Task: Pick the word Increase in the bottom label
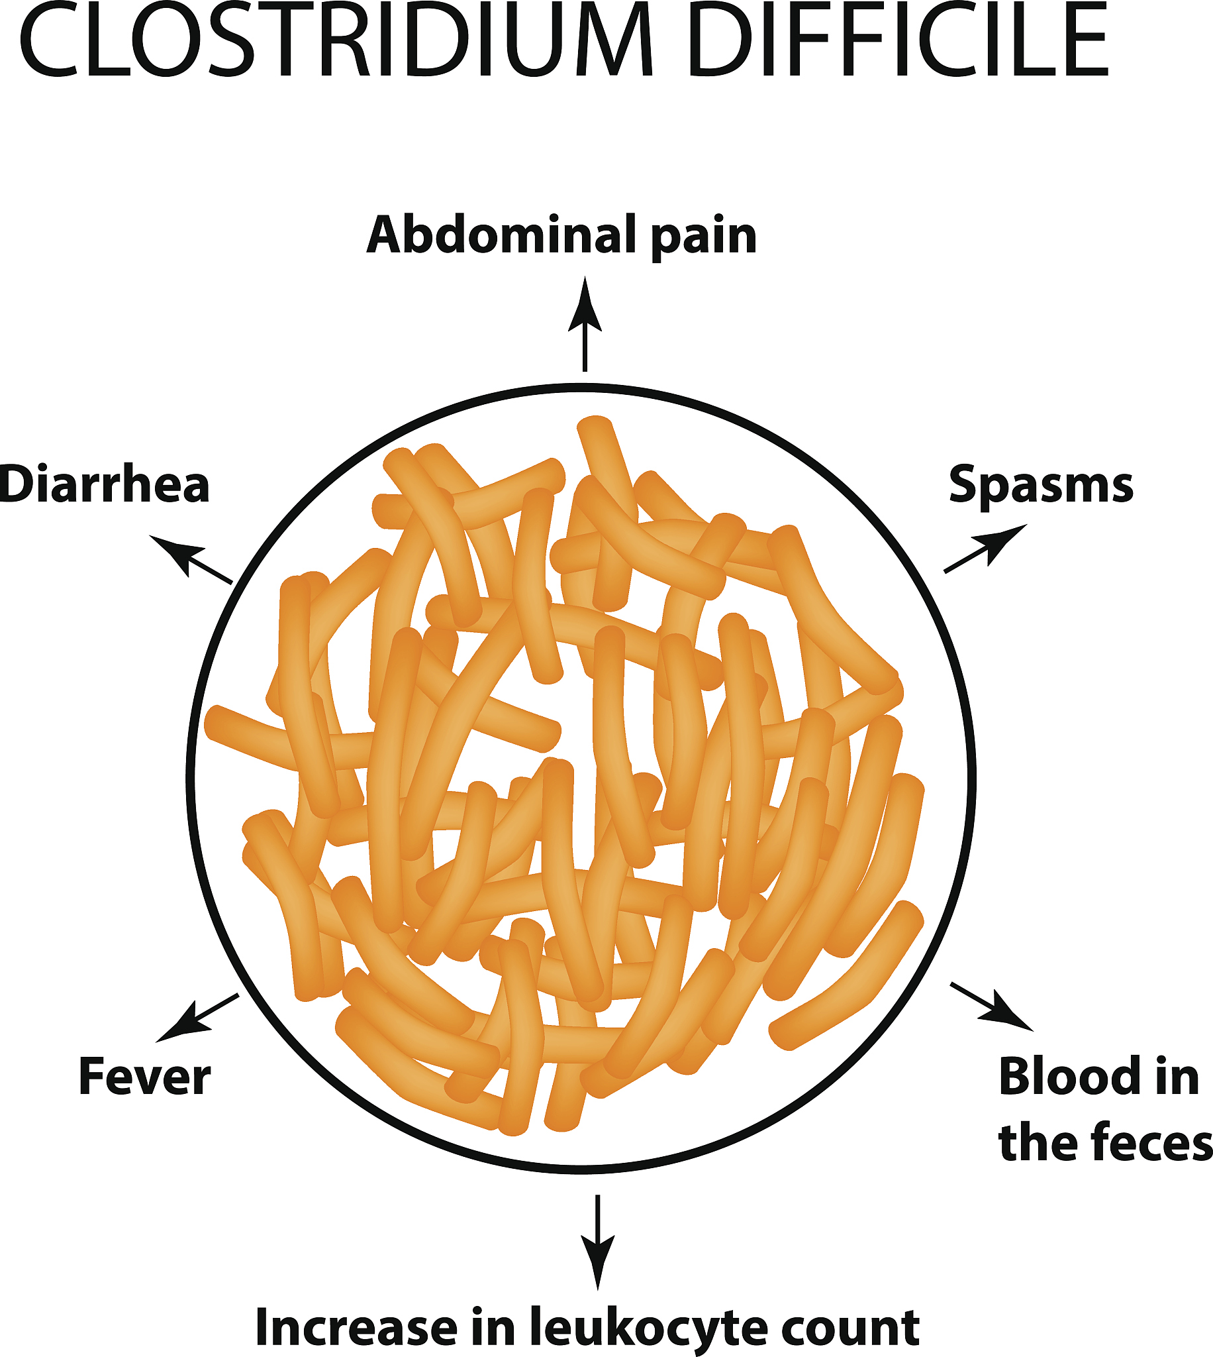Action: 357,1327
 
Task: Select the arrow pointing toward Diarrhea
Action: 190,558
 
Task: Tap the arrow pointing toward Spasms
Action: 985,548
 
